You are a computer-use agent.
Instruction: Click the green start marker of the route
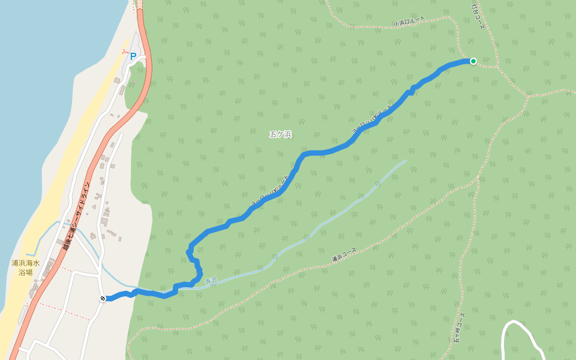(x=473, y=61)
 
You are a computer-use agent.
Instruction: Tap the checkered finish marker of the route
(x=103, y=298)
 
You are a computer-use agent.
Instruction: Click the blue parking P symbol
(x=133, y=56)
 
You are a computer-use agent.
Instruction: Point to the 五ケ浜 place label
(x=280, y=134)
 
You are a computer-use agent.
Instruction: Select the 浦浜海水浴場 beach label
(x=25, y=268)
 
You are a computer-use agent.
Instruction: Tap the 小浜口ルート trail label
(x=409, y=22)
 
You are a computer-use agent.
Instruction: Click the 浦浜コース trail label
(x=344, y=255)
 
